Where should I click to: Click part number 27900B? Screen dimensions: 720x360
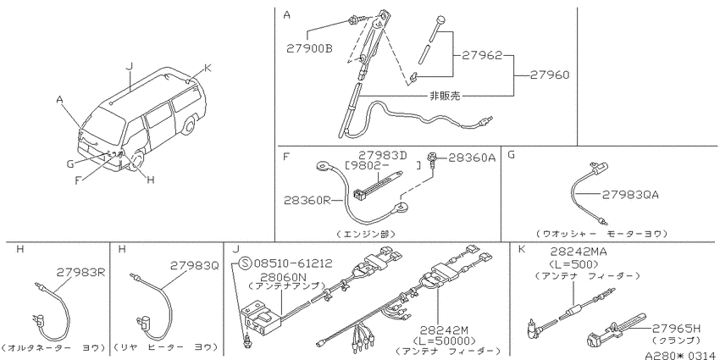[x=309, y=48]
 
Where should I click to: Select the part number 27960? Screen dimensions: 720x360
[x=549, y=75]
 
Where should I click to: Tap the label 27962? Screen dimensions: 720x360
[x=481, y=55]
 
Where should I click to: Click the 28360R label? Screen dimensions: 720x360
[x=307, y=200]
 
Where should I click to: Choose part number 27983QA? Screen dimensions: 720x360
[x=630, y=195]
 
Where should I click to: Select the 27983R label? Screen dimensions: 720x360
[x=81, y=272]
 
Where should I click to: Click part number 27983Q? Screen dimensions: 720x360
[x=195, y=265]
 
